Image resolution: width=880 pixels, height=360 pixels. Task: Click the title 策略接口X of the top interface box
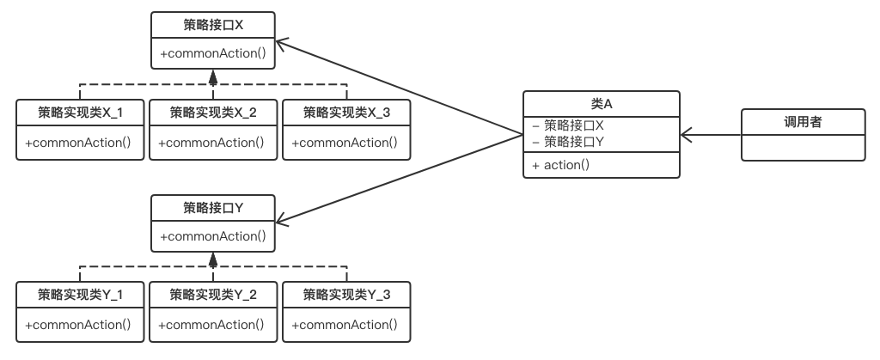[213, 25]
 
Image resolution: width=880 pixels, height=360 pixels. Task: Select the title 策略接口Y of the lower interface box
[213, 208]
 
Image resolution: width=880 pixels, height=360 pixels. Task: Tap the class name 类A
[601, 104]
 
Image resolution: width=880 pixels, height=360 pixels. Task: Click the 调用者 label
[804, 122]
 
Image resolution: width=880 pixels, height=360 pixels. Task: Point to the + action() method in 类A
[560, 165]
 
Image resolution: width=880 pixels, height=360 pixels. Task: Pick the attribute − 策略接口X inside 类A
[568, 125]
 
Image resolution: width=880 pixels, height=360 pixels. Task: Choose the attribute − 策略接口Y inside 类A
[568, 142]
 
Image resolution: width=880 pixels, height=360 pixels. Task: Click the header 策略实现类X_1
[80, 113]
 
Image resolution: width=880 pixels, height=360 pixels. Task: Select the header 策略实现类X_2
[213, 113]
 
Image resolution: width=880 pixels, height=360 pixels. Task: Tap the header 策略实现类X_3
[347, 113]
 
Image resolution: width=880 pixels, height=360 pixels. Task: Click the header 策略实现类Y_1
[80, 295]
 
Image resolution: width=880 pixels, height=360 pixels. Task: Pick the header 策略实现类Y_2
[213, 295]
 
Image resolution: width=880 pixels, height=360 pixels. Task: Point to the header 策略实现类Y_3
[347, 295]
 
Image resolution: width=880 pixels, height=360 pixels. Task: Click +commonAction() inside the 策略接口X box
[213, 54]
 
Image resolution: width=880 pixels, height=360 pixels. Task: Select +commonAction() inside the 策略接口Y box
[213, 236]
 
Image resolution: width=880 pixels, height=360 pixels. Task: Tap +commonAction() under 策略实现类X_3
[345, 143]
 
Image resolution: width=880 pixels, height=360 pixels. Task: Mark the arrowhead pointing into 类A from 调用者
[687, 135]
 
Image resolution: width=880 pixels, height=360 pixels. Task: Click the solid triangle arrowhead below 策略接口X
[213, 77]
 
